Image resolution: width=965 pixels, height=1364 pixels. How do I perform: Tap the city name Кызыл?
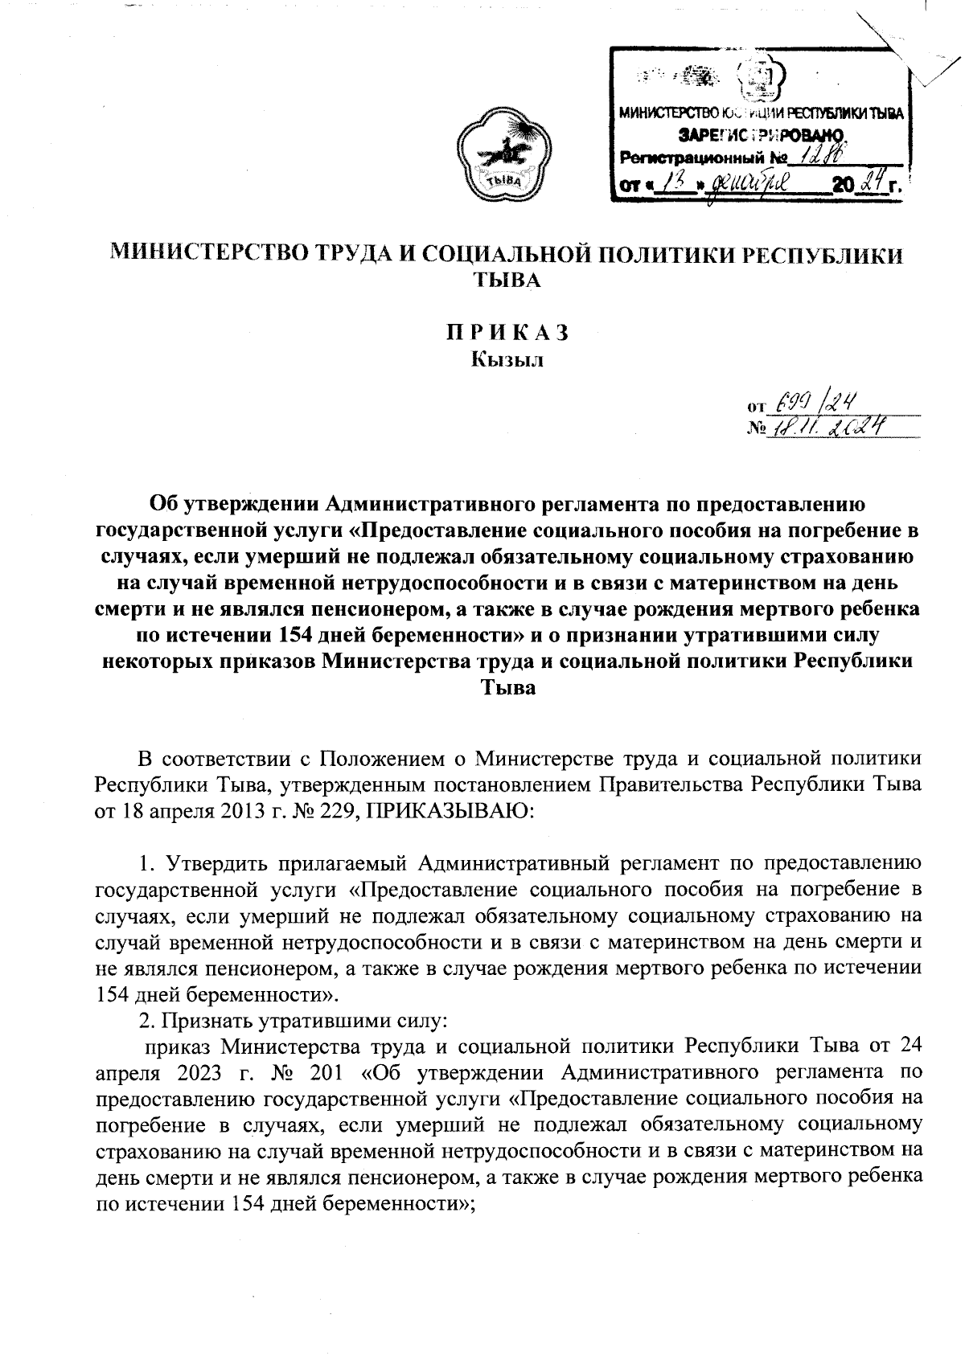coord(507,359)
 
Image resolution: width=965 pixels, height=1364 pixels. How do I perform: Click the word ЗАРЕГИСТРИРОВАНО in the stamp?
coord(761,133)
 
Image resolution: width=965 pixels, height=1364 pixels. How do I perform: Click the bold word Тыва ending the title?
coord(507,687)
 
